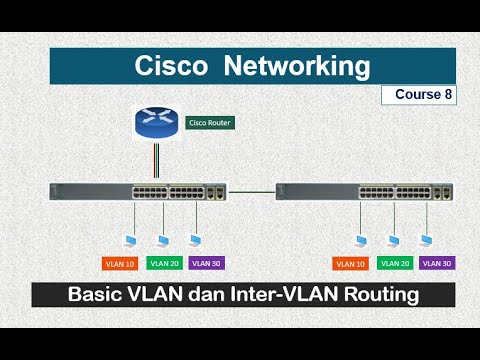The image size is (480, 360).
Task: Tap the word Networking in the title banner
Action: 296,67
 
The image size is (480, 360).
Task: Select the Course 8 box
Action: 417,95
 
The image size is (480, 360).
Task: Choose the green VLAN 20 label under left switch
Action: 164,263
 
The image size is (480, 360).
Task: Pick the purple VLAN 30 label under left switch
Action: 206,263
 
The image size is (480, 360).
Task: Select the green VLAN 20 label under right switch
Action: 395,263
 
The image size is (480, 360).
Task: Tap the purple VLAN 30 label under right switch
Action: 437,263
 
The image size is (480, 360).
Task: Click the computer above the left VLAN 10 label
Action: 131,240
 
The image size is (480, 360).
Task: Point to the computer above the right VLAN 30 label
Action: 427,240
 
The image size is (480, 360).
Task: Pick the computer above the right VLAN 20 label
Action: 394,240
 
